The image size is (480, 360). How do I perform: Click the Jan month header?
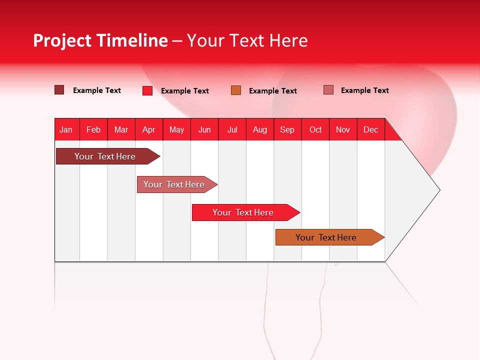(66, 129)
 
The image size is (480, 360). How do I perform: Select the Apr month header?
(149, 129)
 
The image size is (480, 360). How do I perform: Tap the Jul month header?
(232, 129)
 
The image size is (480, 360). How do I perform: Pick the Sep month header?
(287, 129)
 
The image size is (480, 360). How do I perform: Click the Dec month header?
(371, 129)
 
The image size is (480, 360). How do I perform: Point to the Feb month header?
(93, 129)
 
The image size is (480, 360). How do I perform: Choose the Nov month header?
(343, 129)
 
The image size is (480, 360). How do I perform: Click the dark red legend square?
(59, 90)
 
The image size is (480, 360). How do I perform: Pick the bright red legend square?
(147, 90)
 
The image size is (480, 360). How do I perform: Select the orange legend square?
(236, 90)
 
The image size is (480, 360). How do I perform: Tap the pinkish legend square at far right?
(328, 90)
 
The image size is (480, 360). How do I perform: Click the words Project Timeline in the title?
(100, 40)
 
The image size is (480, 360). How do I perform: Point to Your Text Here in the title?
(247, 40)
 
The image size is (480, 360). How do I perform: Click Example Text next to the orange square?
(273, 91)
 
